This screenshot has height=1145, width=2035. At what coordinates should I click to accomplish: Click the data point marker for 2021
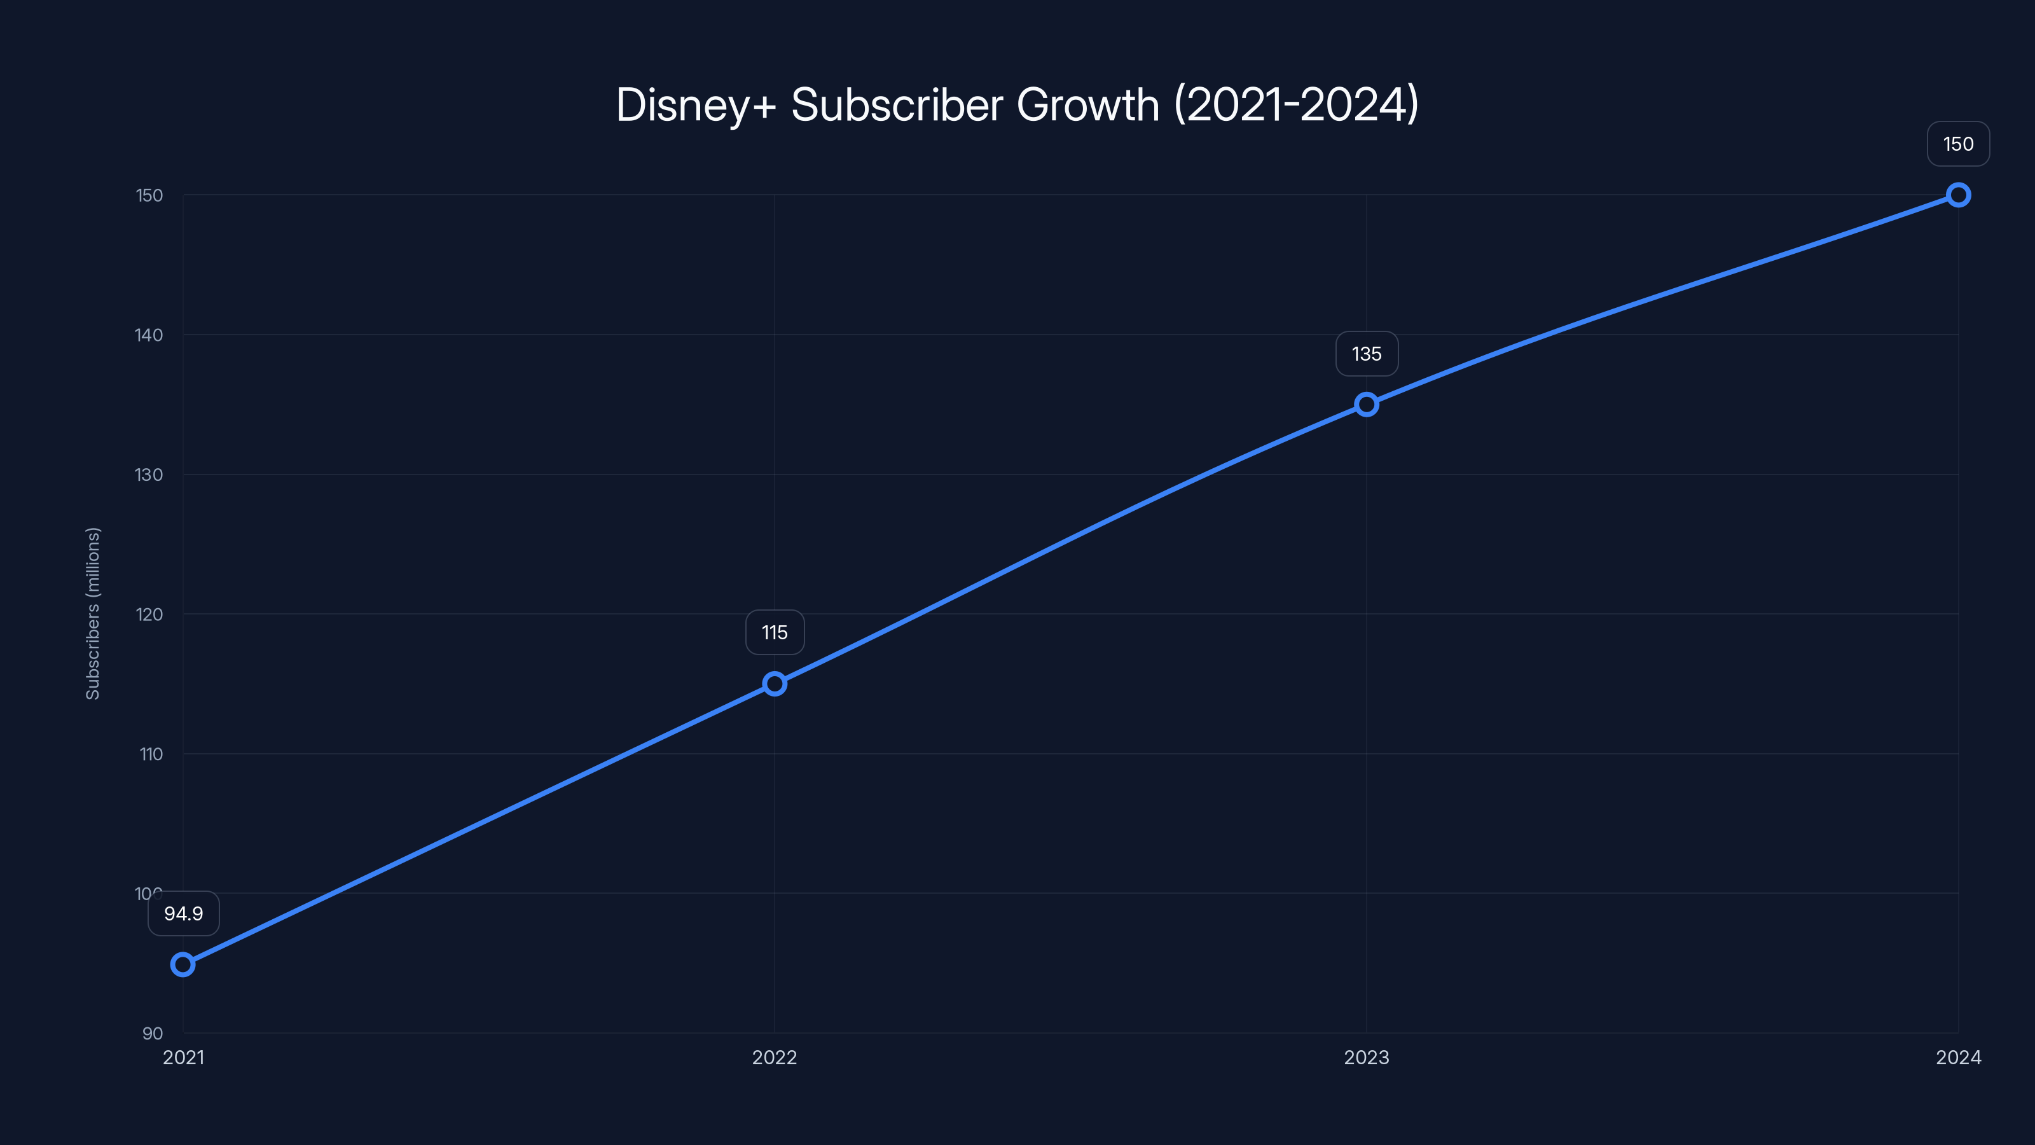[x=183, y=964]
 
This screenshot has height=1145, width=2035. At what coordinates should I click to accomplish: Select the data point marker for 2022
[x=774, y=684]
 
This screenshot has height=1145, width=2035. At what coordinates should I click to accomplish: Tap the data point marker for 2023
[x=1366, y=405]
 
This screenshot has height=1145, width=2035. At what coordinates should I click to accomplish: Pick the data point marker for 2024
[x=1957, y=195]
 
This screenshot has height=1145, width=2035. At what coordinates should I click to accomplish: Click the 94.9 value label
[x=183, y=913]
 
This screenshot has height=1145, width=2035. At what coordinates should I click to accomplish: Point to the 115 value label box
[x=774, y=632]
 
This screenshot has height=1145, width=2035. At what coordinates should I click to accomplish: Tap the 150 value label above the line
[x=1957, y=144]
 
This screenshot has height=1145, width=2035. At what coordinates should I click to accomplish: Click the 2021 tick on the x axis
[x=183, y=1057]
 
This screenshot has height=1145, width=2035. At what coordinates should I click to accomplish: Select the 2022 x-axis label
[x=774, y=1057]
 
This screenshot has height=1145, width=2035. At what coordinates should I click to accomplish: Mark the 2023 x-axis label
[x=1366, y=1057]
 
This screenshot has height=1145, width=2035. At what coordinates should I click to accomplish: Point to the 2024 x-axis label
[x=1957, y=1057]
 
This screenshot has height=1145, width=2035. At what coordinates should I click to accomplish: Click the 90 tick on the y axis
[x=153, y=1034]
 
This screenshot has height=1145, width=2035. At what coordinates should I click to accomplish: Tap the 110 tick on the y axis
[x=151, y=754]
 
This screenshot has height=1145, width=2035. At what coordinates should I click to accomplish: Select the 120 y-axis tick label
[x=149, y=614]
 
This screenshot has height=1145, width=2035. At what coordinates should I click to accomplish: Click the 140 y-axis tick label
[x=149, y=335]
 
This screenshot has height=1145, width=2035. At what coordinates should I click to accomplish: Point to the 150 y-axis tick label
[x=149, y=195]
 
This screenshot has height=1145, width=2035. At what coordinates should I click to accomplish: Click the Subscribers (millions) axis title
[x=92, y=613]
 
